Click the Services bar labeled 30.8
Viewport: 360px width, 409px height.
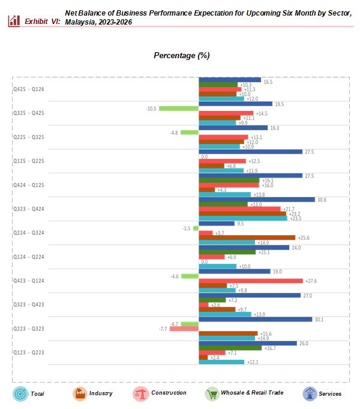pos(256,200)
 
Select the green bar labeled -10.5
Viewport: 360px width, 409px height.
pos(179,109)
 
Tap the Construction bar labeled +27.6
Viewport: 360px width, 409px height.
pos(250,281)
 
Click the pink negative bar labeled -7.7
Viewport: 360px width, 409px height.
pos(184,329)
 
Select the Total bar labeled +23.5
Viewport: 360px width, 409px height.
pos(242,218)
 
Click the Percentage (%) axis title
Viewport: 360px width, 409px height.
pos(181,55)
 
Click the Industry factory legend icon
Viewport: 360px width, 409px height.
pos(79,393)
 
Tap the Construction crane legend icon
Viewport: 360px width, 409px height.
pos(141,393)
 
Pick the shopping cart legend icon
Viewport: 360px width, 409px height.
pos(212,393)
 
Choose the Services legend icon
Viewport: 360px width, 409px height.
pos(310,393)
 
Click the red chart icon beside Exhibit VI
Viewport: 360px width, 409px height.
pos(14,21)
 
